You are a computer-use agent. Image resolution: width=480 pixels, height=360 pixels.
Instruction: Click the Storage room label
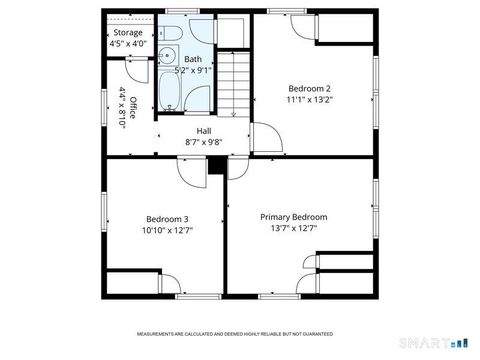pyautogui.click(x=127, y=32)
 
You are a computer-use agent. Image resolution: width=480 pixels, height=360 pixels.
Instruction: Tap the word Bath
pyautogui.click(x=192, y=59)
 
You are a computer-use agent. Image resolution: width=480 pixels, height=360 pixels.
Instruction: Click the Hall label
pyautogui.click(x=204, y=131)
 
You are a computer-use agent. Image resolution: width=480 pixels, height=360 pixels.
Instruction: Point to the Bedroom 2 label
pyautogui.click(x=309, y=87)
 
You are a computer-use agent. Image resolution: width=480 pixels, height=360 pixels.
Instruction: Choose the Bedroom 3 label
pyautogui.click(x=167, y=219)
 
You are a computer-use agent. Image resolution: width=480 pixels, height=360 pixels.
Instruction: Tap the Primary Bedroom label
pyautogui.click(x=293, y=217)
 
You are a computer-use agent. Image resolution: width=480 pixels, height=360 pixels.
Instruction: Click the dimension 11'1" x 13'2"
pyautogui.click(x=309, y=99)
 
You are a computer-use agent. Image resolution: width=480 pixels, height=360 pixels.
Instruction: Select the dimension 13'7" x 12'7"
pyautogui.click(x=293, y=229)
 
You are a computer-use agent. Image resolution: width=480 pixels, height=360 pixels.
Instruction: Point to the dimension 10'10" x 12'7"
pyautogui.click(x=167, y=231)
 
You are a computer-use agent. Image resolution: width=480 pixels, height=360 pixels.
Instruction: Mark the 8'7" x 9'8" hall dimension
pyautogui.click(x=204, y=142)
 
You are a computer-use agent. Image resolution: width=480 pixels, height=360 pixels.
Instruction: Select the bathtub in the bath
pyautogui.click(x=168, y=94)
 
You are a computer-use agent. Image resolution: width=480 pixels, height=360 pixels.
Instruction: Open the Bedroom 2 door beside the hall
pyautogui.click(x=265, y=136)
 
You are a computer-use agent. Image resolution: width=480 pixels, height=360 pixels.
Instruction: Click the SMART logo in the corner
pyautogui.click(x=437, y=343)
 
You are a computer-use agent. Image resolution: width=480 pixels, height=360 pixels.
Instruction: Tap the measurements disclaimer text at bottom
pyautogui.click(x=235, y=334)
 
